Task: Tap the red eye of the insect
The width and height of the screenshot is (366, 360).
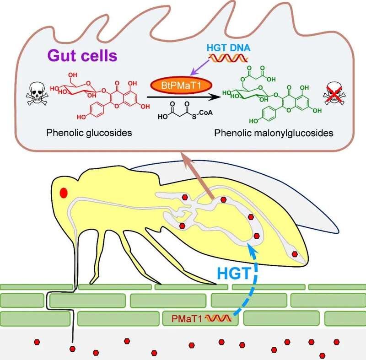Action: [x=64, y=193]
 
